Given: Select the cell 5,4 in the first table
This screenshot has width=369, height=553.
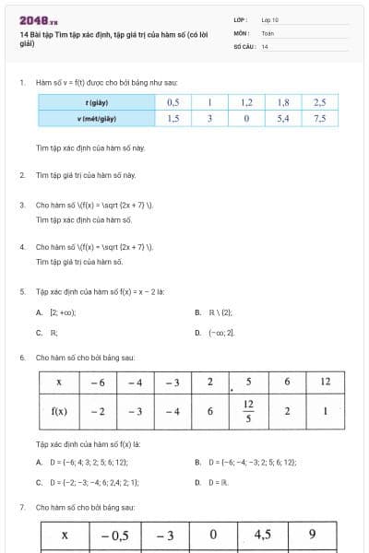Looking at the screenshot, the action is pos(283,119).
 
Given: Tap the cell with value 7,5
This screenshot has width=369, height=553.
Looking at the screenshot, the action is pos(319,119).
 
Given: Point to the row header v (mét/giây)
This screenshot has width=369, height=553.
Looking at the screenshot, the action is pos(97,119).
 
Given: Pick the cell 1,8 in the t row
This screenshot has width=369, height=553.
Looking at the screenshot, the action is pos(283,102).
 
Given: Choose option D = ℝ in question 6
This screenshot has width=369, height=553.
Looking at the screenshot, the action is pos(215,481).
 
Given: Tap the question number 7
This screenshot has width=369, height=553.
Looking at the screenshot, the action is pos(21,507).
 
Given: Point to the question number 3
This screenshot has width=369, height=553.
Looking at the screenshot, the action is pos(21,205).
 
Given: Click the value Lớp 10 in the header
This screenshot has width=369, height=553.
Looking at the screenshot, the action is pos(270,19).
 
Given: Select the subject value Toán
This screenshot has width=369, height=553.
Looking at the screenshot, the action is pos(268,32).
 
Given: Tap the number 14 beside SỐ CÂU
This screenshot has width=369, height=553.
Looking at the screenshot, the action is pos(265,45).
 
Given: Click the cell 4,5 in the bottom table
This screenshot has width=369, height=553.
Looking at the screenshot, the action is pos(261,535).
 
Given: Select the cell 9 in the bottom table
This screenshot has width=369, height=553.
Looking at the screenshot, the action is pos(312,535).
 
